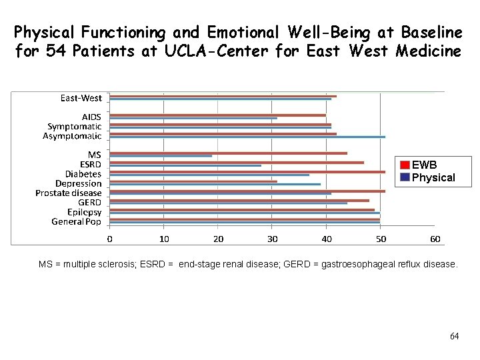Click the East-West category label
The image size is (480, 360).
point(81,98)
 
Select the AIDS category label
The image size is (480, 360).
point(91,117)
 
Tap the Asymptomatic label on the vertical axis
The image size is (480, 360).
point(72,136)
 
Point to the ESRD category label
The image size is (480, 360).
point(91,164)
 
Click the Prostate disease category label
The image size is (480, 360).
point(69,193)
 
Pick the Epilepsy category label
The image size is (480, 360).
point(84,212)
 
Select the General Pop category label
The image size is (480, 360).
point(77,221)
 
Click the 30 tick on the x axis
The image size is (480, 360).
point(272,239)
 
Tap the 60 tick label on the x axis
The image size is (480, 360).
point(435,239)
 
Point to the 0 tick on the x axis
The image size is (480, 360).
point(110,239)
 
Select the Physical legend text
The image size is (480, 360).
point(433,177)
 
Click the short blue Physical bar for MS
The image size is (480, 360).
point(161,157)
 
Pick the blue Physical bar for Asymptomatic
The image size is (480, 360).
point(247,137)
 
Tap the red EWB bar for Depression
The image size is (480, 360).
point(193,181)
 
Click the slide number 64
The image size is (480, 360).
point(454,336)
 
